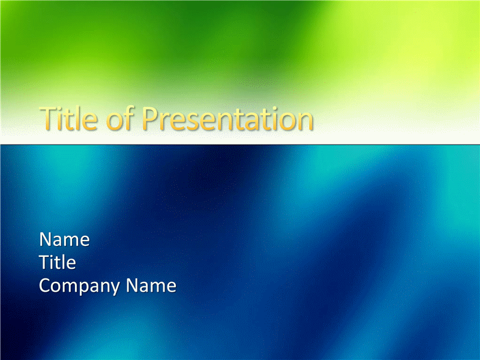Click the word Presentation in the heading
point(227,118)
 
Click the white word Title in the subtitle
point(58,262)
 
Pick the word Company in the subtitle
point(80,286)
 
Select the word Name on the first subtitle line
point(65,239)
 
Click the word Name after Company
point(151,286)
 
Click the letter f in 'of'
point(129,118)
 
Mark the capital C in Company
point(46,286)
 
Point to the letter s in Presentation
point(190,121)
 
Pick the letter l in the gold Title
point(76,118)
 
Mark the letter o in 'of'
point(115,122)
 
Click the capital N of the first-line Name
point(46,239)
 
